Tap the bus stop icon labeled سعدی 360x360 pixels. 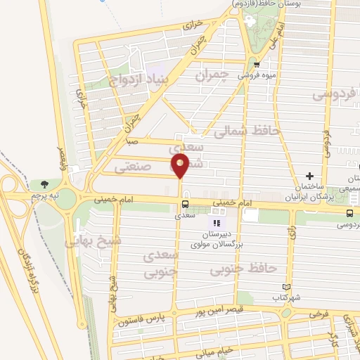(x=184, y=205)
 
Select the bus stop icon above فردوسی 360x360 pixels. (x=349, y=213)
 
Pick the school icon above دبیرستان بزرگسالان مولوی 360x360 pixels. (x=217, y=223)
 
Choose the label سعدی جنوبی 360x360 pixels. (x=162, y=264)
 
